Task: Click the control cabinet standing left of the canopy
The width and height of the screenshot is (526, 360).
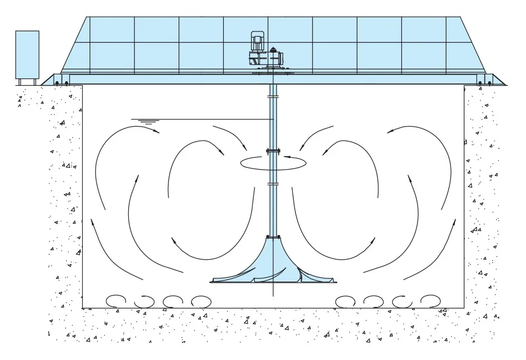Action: (27, 54)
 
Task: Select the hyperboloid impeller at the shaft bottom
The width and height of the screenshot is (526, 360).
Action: (273, 266)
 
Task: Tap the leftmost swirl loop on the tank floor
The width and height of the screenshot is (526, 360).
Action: (115, 301)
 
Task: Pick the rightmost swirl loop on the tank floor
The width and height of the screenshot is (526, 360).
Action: (429, 301)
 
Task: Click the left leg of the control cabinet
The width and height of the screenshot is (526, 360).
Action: (20, 82)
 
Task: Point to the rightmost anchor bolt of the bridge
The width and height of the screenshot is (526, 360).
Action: (489, 83)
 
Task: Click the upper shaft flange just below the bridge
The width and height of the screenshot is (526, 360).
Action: (273, 97)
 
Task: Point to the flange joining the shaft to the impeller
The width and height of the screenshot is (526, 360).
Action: (273, 237)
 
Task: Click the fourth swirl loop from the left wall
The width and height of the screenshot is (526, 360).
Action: (200, 301)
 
